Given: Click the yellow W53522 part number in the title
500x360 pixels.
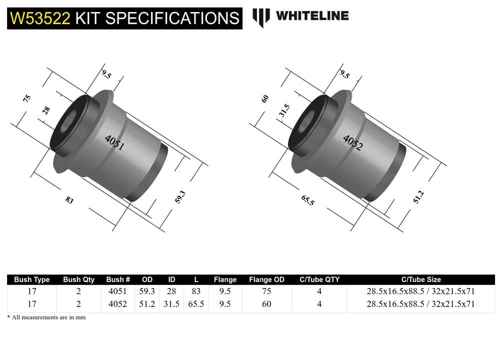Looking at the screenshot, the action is click(40, 18).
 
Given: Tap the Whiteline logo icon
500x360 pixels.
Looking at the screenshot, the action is click(261, 17).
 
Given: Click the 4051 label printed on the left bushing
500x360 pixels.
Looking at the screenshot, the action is click(114, 143).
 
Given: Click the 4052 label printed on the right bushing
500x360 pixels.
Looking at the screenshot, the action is click(353, 142).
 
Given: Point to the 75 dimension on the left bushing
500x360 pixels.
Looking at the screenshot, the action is click(27, 98).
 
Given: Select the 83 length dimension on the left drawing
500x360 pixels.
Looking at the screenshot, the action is click(69, 200).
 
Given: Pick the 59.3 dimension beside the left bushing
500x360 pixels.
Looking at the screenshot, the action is click(180, 197).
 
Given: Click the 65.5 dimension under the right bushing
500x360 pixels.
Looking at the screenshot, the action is click(307, 200).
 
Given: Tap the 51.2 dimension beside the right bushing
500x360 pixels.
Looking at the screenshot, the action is click(418, 197).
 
